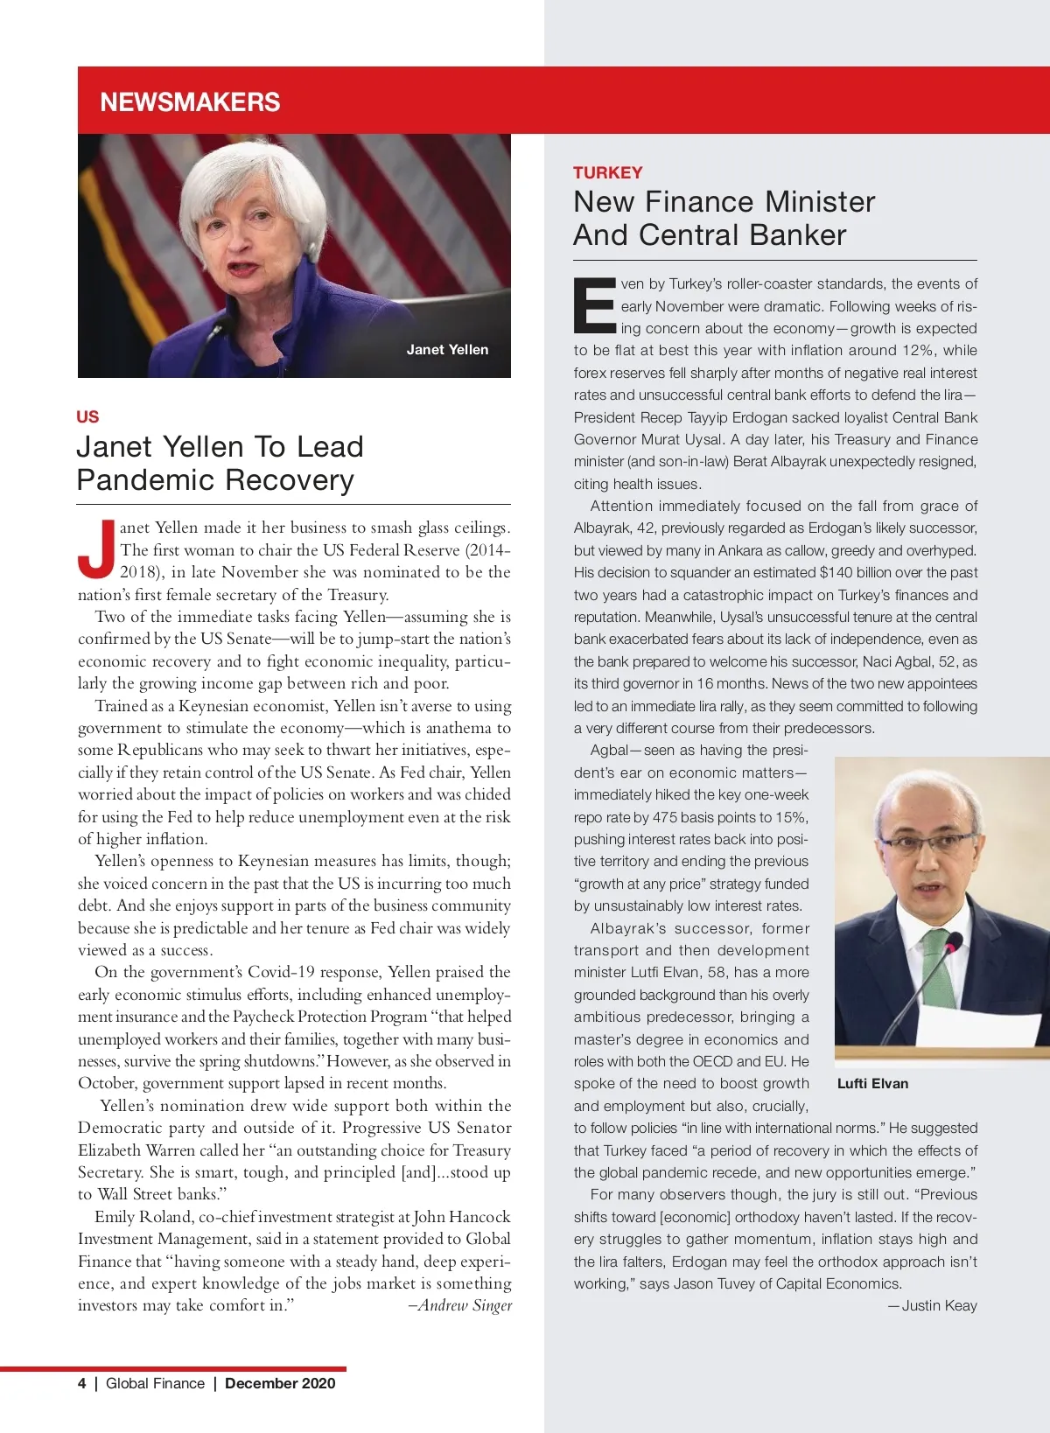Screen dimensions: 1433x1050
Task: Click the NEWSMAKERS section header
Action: (190, 102)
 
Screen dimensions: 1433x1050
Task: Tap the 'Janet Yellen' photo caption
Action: (447, 350)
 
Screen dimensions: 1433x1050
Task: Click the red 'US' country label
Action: (87, 416)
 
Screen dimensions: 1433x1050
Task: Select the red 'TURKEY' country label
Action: (608, 172)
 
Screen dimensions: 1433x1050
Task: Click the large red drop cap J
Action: (96, 549)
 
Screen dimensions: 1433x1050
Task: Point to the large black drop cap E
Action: (595, 305)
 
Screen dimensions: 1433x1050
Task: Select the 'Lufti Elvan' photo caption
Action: (872, 1083)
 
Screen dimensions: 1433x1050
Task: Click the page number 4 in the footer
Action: (82, 1383)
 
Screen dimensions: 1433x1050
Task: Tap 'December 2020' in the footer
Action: (280, 1383)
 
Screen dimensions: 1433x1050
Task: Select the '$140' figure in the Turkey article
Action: (838, 572)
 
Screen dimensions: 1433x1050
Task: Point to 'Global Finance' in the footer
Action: (155, 1383)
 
